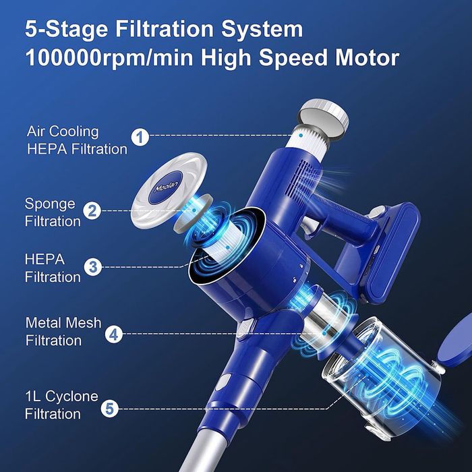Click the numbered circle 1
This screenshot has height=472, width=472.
(x=140, y=138)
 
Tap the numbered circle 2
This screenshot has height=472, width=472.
(x=92, y=210)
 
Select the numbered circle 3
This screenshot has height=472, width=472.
(x=93, y=267)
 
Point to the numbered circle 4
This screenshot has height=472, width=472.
(x=114, y=334)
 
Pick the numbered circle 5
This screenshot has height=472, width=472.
(x=109, y=409)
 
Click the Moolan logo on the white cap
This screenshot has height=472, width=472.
(x=166, y=187)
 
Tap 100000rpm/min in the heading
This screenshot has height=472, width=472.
(x=109, y=59)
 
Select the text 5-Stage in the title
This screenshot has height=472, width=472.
(x=66, y=30)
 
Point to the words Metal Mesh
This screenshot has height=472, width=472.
(x=63, y=323)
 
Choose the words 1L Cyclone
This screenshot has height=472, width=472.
(x=62, y=396)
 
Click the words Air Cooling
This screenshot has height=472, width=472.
(x=63, y=132)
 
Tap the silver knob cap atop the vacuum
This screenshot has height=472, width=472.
(x=324, y=117)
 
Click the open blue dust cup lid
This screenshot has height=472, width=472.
(x=454, y=342)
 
